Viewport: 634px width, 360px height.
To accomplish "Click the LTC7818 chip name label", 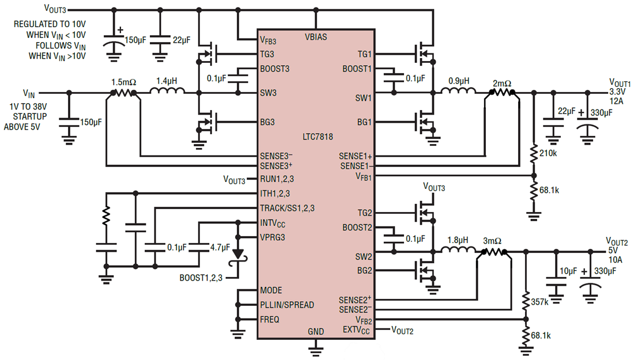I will coord(316,137).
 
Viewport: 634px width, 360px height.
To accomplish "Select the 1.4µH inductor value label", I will coord(167,82).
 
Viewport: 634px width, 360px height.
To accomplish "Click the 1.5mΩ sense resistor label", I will coord(123,82).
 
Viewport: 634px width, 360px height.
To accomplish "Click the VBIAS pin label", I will coord(316,37).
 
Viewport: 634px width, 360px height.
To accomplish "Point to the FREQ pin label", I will coord(270,319).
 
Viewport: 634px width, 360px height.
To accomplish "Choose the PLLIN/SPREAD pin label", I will coord(287,305).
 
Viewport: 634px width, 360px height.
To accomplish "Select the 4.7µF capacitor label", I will coord(218,248).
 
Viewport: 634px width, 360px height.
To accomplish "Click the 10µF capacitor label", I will coord(568,271).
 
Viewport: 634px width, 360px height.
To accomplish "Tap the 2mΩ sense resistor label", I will coord(501,82).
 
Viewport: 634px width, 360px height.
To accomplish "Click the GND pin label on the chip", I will coord(316,332).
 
